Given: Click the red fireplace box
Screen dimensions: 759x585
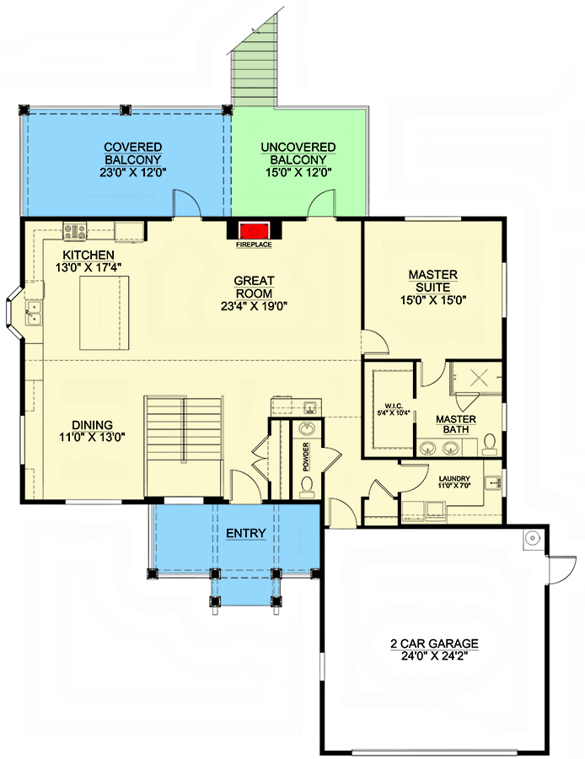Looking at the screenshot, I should coord(253,232).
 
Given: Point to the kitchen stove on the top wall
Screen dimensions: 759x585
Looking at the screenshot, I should coord(74,229).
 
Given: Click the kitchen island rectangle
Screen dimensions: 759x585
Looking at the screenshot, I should coord(105,312).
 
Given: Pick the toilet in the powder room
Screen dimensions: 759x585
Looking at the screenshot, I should coord(308,486).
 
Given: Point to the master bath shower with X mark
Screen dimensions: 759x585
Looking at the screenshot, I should coord(475,377).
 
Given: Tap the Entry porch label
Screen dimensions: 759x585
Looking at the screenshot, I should coord(246,534).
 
